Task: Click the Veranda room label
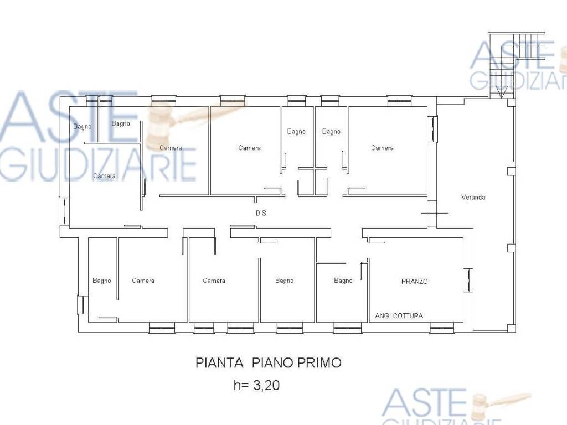click(473, 197)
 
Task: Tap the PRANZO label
click(414, 281)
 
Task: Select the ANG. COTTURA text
click(399, 315)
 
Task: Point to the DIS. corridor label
click(261, 213)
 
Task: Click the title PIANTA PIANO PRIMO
click(269, 362)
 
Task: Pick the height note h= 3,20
click(257, 385)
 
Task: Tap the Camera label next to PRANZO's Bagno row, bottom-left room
click(143, 281)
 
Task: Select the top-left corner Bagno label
click(82, 127)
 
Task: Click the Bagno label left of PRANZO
click(343, 281)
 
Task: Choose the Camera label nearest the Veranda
click(382, 148)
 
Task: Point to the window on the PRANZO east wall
click(468, 280)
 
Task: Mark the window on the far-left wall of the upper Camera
click(64, 211)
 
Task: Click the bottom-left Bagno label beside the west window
click(102, 281)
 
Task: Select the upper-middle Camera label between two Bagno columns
click(249, 148)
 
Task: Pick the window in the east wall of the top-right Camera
click(432, 128)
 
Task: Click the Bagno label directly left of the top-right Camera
click(331, 132)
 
